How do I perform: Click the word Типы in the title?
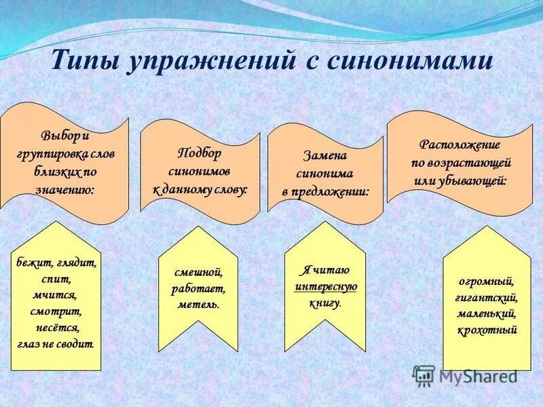tap(84, 60)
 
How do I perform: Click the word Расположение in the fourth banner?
tap(460, 144)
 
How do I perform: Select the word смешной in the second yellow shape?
tap(198, 272)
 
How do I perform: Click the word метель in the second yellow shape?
tap(198, 305)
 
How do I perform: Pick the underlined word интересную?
tap(326, 286)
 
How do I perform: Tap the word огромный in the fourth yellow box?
tap(486, 281)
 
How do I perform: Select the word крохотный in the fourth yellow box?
tap(487, 330)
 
